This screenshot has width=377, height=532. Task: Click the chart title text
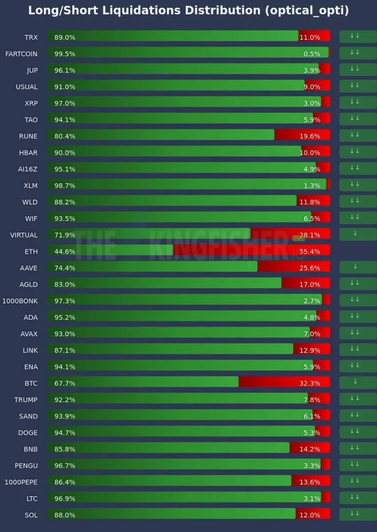[x=188, y=11]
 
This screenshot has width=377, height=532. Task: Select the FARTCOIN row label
[x=21, y=54]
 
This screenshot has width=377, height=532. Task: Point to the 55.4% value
[x=310, y=252]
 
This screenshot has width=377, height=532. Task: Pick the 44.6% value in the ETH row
[x=65, y=252]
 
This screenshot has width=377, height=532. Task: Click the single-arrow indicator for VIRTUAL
[x=355, y=233]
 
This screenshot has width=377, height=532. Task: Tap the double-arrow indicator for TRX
[x=355, y=36]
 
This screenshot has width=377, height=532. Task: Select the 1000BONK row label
[x=20, y=301]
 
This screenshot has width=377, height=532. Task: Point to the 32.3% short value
[x=310, y=383]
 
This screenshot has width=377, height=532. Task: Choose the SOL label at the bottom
[x=31, y=515]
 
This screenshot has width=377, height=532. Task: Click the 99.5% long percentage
[x=65, y=54]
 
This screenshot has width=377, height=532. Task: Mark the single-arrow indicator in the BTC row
[x=355, y=382]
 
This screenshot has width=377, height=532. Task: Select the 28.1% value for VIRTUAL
[x=310, y=235]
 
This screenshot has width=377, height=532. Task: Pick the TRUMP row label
[x=26, y=400]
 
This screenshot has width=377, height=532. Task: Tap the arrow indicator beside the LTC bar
[x=355, y=497]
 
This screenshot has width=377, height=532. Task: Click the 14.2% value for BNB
[x=310, y=449]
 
